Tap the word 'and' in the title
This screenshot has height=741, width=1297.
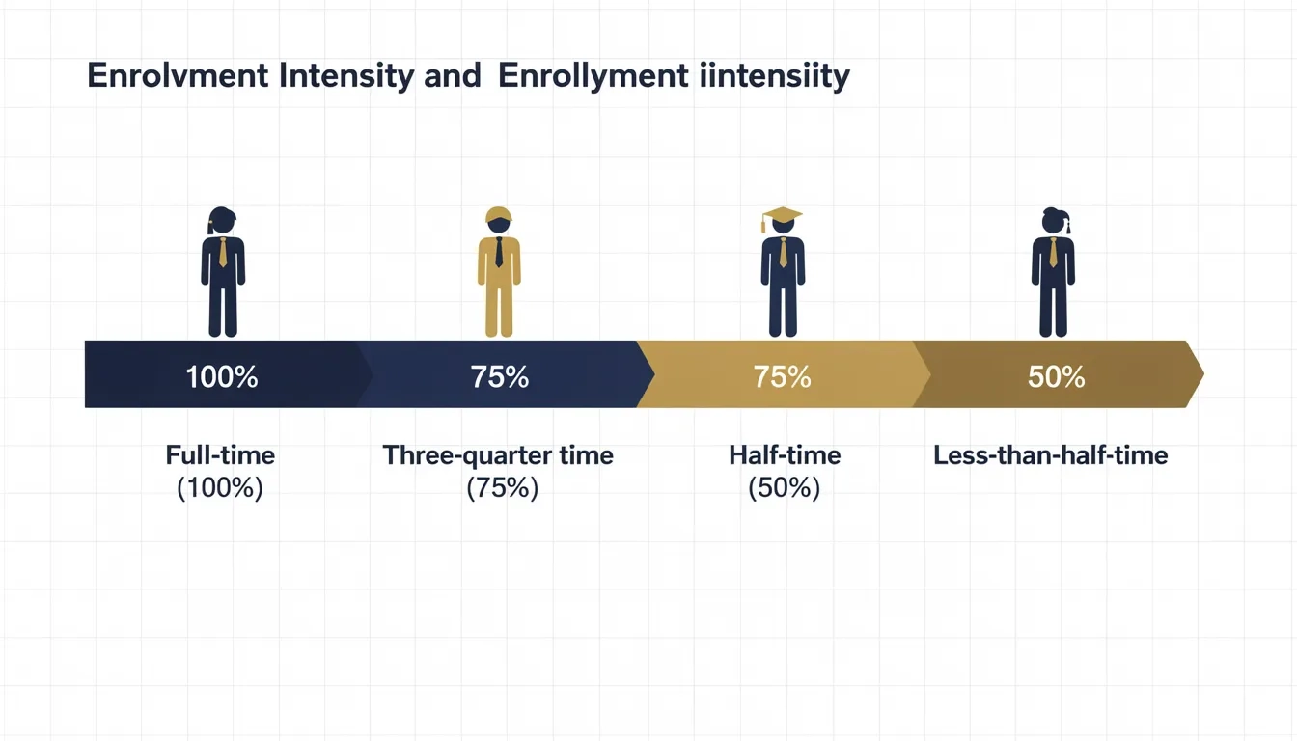pos(452,77)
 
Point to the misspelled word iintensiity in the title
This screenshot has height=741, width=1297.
pos(772,77)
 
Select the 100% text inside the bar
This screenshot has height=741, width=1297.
pos(222,376)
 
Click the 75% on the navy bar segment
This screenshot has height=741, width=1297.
pos(500,376)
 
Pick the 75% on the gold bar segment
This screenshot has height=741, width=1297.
pos(782,376)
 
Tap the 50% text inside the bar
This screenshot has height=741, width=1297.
pos(1057,376)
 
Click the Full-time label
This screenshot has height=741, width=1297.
pos(220,455)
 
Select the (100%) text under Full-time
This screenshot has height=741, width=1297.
pos(220,488)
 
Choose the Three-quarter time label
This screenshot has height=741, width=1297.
pos(498,455)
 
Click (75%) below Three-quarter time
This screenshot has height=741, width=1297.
pos(502,488)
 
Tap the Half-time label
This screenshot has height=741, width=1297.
pos(785,455)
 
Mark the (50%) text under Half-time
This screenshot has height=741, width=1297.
pos(785,488)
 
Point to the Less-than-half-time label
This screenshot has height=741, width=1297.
pos(1051,455)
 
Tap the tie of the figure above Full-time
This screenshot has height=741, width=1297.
pos(223,253)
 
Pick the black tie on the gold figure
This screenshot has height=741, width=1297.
pos(499,253)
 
